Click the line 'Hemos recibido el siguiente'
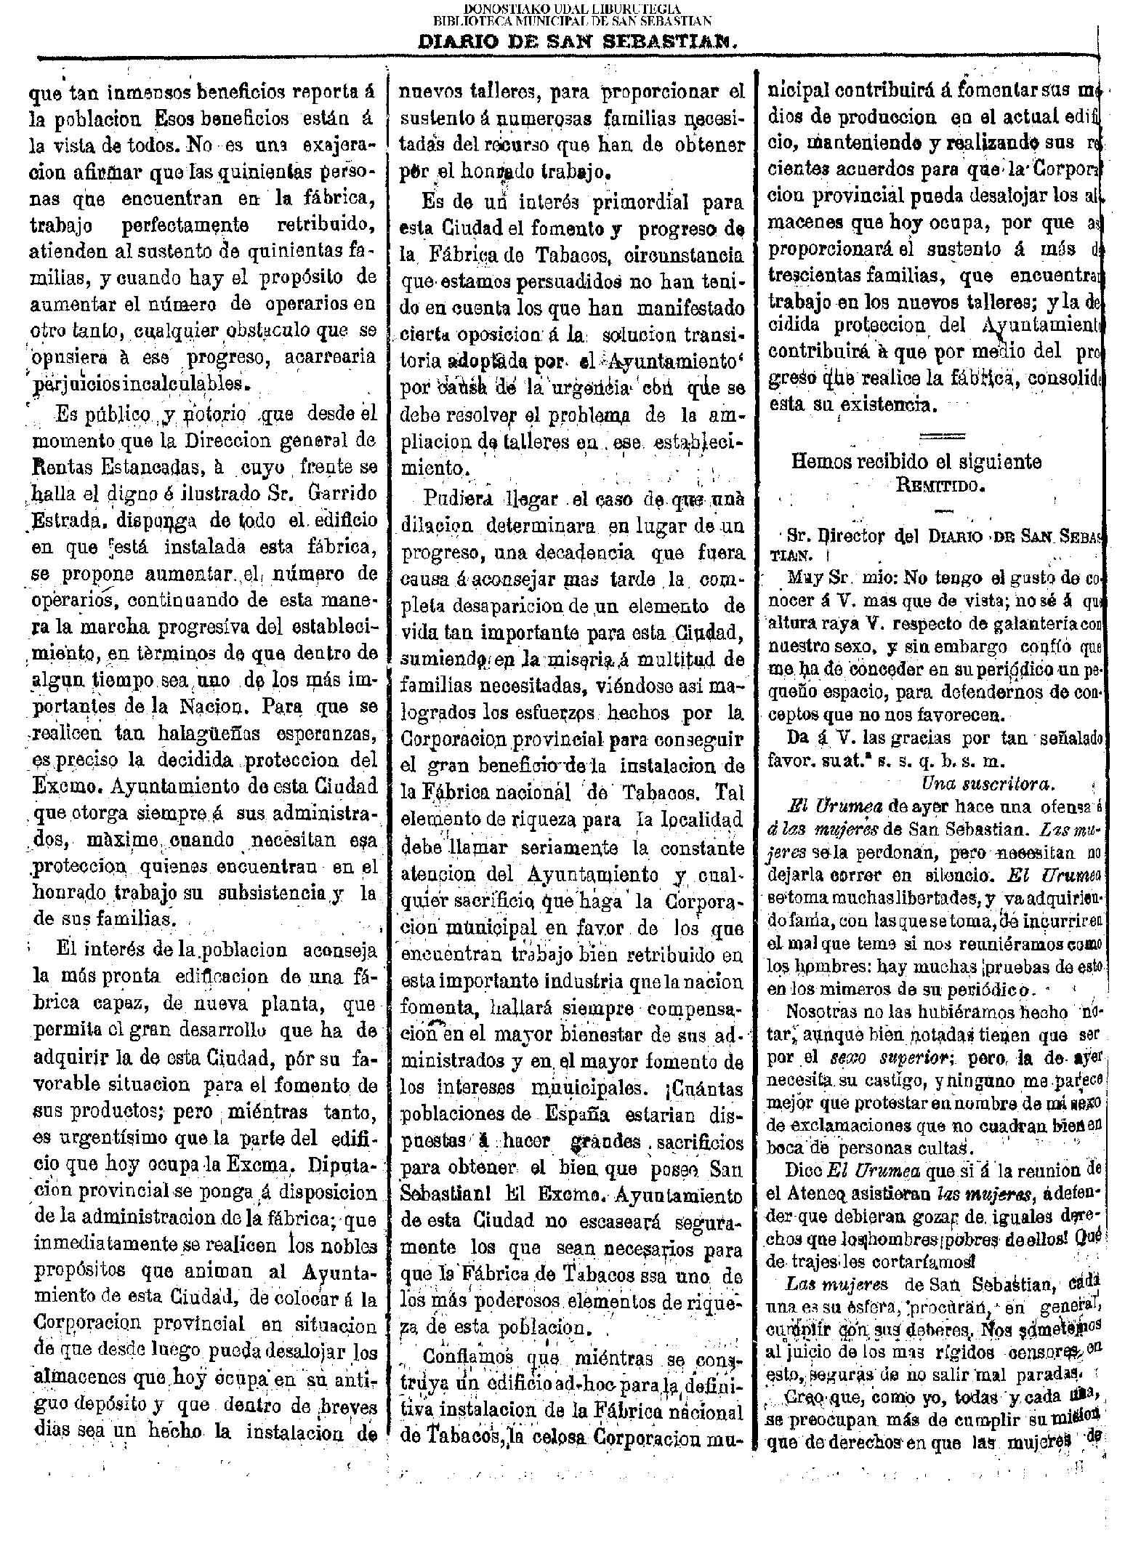click(916, 461)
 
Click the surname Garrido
click(339, 493)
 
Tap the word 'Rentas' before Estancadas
click(60, 467)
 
